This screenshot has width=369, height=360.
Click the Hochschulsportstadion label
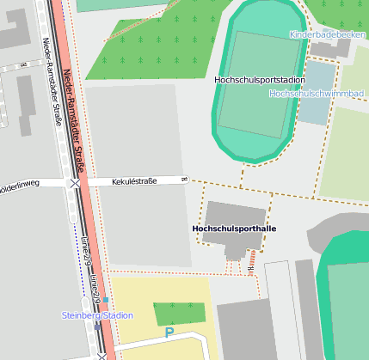pos(260,80)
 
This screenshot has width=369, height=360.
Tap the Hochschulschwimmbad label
pos(317,93)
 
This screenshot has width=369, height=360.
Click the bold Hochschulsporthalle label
pos(233,229)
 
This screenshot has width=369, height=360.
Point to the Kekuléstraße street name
pos(134,181)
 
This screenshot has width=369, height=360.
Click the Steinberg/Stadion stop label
pos(97,315)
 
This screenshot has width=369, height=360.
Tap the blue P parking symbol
pos(169,332)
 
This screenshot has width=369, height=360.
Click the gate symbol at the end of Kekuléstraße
pos(184,180)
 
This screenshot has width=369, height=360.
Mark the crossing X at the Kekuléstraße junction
pos(76,183)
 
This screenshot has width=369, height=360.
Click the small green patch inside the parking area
pos(179,313)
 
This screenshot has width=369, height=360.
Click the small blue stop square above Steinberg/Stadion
pos(106,300)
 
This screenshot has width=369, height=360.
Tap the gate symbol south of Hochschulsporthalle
pos(249,272)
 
